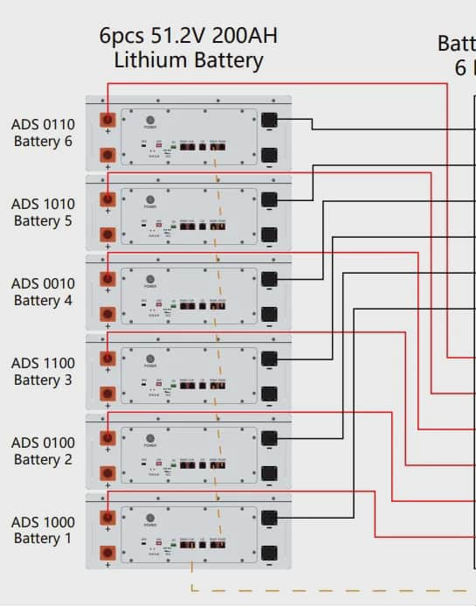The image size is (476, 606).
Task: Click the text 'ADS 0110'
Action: (43, 124)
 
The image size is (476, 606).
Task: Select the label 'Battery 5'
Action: (43, 220)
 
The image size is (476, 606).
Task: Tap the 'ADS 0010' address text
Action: (43, 283)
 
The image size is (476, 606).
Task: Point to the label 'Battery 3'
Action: (43, 380)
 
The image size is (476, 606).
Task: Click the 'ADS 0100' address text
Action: (43, 442)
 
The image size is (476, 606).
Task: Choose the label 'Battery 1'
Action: (43, 539)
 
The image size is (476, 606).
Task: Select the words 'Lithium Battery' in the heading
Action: (189, 60)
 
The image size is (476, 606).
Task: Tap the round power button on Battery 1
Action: (149, 518)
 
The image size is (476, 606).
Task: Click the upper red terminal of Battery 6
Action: (108, 120)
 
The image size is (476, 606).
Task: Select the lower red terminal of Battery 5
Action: (108, 234)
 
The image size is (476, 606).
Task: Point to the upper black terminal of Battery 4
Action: (270, 279)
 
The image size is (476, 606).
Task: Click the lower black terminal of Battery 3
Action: (270, 394)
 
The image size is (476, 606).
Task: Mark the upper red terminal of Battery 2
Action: (108, 438)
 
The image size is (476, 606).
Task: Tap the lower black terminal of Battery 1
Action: (270, 553)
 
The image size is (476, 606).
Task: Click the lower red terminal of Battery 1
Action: (108, 553)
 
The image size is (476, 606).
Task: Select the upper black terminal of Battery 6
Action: (270, 120)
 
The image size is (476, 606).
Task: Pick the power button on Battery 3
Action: (149, 359)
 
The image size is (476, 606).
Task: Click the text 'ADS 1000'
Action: (43, 522)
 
